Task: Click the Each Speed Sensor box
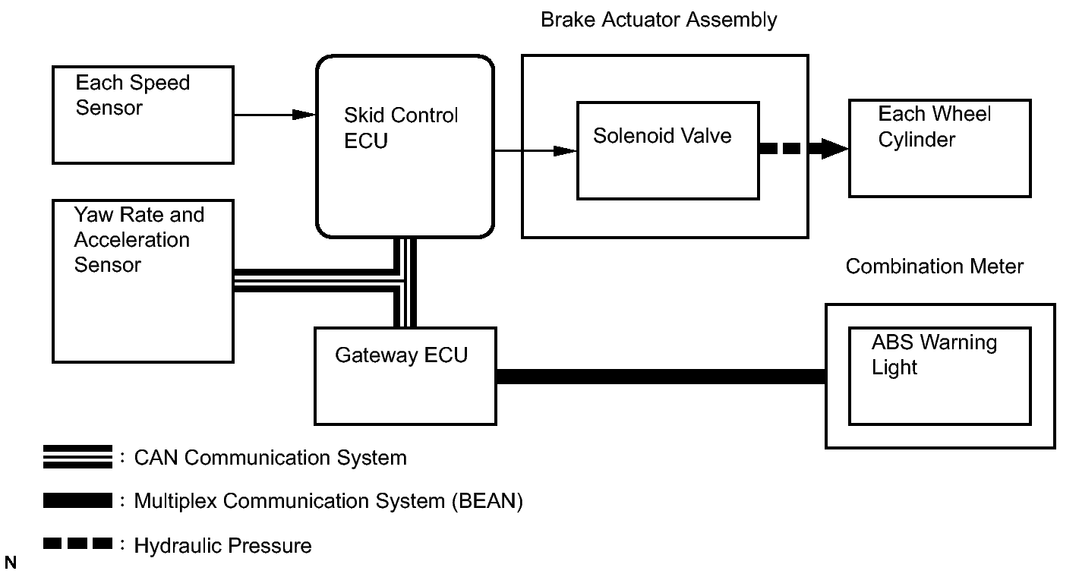click(x=142, y=114)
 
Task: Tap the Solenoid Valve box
click(x=667, y=150)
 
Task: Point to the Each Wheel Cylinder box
click(x=939, y=149)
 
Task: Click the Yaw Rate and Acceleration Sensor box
click(x=142, y=281)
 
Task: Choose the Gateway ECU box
click(x=405, y=375)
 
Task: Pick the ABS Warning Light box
click(x=939, y=376)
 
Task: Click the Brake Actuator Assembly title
click(x=658, y=20)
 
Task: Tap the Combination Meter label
click(x=934, y=266)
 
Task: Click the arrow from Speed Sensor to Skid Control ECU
click(x=273, y=115)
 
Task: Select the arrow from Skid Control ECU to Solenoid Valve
click(x=535, y=150)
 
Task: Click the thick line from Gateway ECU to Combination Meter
click(x=661, y=376)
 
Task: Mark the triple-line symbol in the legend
click(x=77, y=458)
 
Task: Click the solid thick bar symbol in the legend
click(x=77, y=501)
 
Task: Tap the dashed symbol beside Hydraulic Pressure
click(x=77, y=544)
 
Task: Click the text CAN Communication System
click(x=270, y=458)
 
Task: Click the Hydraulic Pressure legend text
click(x=222, y=545)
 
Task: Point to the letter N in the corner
click(x=10, y=563)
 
